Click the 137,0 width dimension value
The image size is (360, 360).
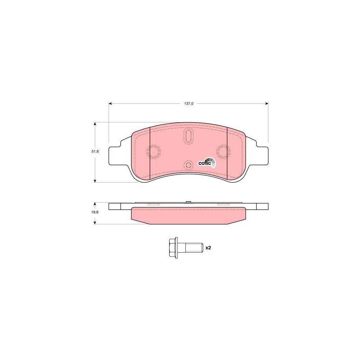coord(189,103)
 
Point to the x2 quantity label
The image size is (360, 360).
coord(208,248)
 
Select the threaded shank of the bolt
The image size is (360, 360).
coord(190,248)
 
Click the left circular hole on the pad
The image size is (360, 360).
coord(153,151)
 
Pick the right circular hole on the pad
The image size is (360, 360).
coord(223,151)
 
